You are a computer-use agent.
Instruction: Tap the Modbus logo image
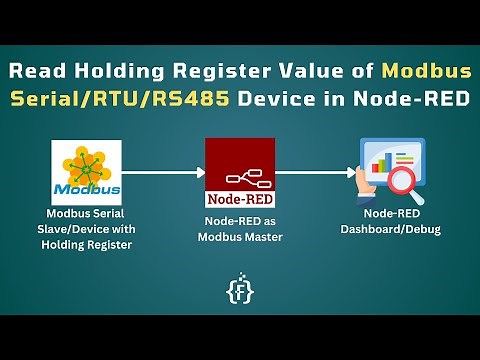(86, 172)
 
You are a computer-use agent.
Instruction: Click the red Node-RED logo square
(239, 172)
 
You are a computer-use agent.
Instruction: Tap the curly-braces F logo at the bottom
(239, 289)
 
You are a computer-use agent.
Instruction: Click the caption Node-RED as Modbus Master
(239, 228)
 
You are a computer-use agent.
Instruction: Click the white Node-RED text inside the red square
(239, 197)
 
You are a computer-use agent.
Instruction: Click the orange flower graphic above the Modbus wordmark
(86, 162)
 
